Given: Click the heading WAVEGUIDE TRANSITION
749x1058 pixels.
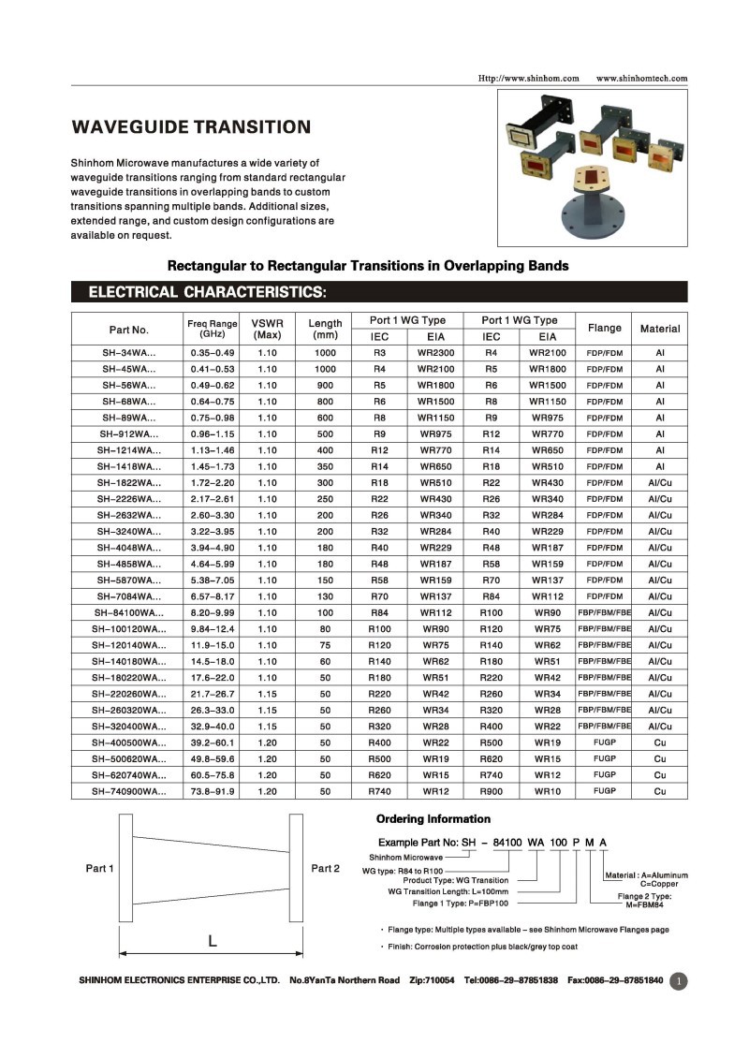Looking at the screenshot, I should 191,127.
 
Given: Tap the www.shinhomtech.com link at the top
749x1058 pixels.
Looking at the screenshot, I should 641,78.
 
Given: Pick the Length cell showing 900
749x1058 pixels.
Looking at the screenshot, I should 325,385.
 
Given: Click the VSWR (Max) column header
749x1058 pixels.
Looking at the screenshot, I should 268,328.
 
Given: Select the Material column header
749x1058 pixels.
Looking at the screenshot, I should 660,329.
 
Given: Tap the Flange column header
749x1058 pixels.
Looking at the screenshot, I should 604,328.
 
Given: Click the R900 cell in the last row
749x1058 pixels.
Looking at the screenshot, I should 492,791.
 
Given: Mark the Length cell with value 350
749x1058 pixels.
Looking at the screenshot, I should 325,466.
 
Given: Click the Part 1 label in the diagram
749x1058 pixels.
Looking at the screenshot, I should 99,869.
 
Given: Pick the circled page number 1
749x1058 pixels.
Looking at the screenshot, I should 679,981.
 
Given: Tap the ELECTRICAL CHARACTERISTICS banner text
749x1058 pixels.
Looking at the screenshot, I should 207,292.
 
